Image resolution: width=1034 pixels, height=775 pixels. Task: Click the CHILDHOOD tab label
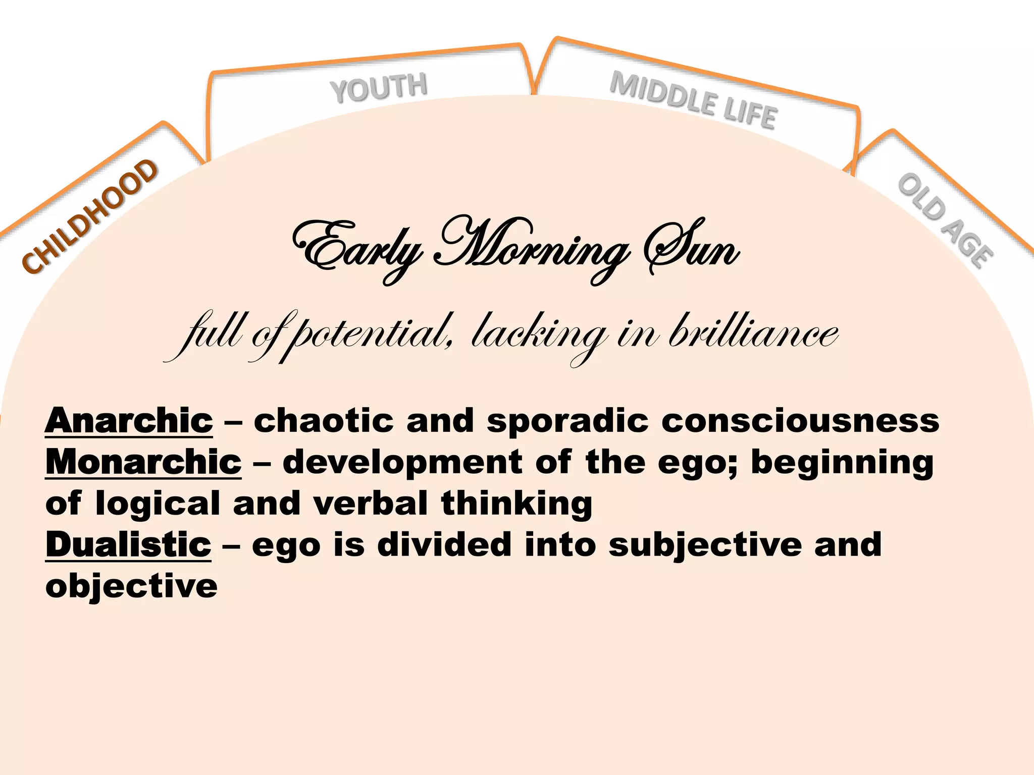[90, 217]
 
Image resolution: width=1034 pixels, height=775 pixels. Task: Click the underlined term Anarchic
[129, 420]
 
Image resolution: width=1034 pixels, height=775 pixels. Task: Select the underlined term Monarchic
[143, 462]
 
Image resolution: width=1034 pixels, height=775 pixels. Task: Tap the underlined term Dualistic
[128, 545]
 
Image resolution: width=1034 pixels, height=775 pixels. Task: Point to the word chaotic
[323, 420]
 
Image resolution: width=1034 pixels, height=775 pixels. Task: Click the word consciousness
[800, 420]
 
